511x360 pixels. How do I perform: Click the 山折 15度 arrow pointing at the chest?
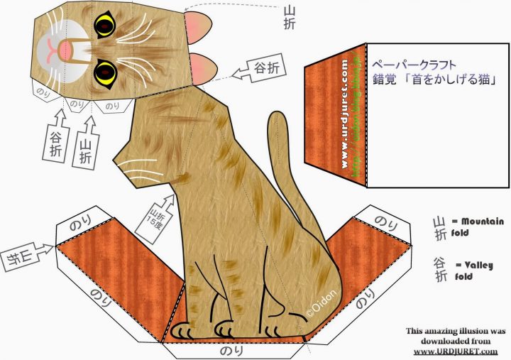[160, 207]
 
